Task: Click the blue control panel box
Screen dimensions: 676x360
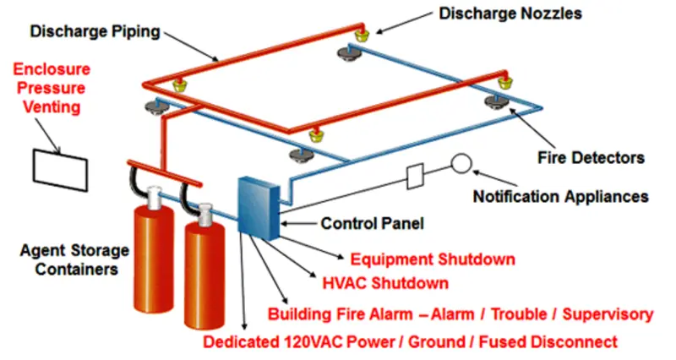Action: pos(259,208)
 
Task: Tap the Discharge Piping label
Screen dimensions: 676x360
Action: pos(95,31)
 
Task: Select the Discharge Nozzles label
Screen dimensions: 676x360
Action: pos(510,14)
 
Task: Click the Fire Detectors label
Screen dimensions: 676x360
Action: pos(591,158)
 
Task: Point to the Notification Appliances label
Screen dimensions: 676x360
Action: pos(561,197)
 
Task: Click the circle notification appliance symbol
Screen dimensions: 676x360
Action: pos(461,164)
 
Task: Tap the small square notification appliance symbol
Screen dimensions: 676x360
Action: pos(415,176)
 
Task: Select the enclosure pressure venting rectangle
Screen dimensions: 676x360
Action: pos(60,170)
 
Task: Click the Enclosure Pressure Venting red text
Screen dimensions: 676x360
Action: pos(52,88)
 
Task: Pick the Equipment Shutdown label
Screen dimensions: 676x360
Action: pos(433,259)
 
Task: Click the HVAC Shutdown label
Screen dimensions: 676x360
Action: pos(385,283)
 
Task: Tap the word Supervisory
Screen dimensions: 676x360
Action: pos(608,314)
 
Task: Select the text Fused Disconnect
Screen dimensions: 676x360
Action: pos(548,342)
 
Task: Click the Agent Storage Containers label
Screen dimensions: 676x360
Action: pos(74,259)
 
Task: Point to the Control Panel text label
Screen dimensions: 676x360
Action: pos(373,223)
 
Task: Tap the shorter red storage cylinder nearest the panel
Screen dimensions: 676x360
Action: pos(204,267)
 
